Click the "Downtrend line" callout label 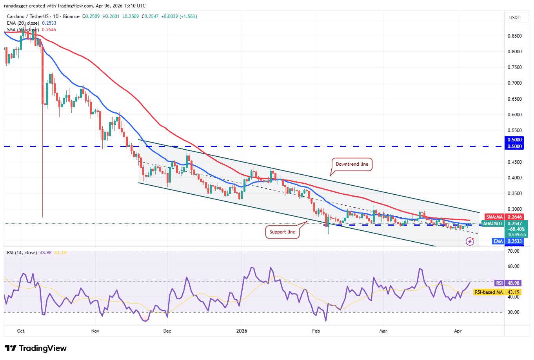click(352, 164)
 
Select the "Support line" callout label click(282, 232)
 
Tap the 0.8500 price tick click(514, 36)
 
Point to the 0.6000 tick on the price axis click(514, 115)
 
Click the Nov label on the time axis click(95, 331)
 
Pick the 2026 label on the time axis click(242, 331)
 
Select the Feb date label click(316, 331)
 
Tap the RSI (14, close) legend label click(22, 253)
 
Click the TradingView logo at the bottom click(36, 348)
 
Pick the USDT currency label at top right click(514, 18)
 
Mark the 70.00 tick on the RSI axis click(513, 251)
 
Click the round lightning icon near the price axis click(470, 242)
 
